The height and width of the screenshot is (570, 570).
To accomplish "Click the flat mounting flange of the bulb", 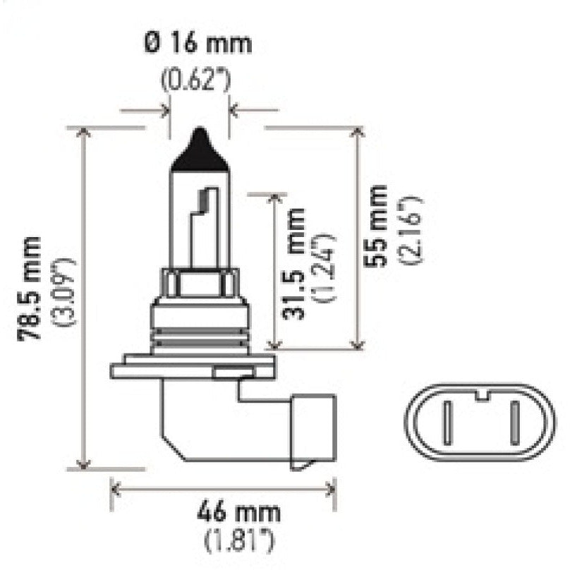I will click(191, 370).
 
